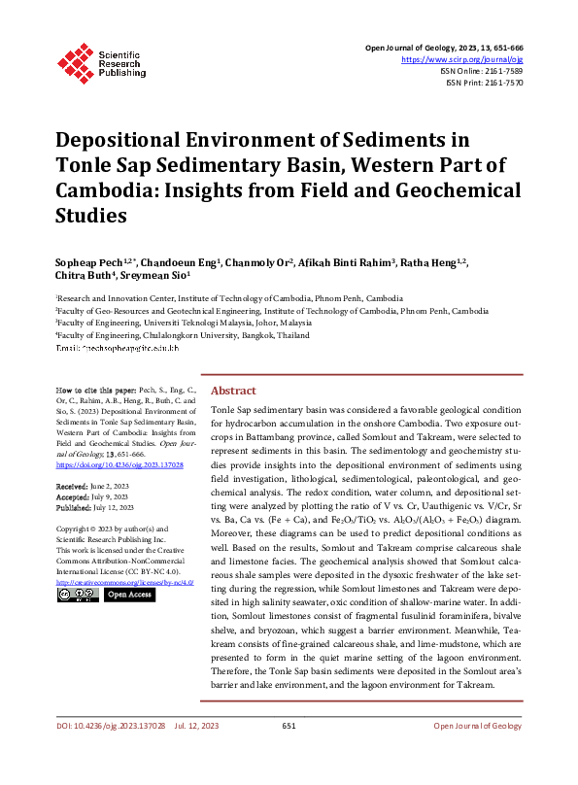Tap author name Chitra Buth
point(82,278)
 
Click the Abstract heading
point(233,390)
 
